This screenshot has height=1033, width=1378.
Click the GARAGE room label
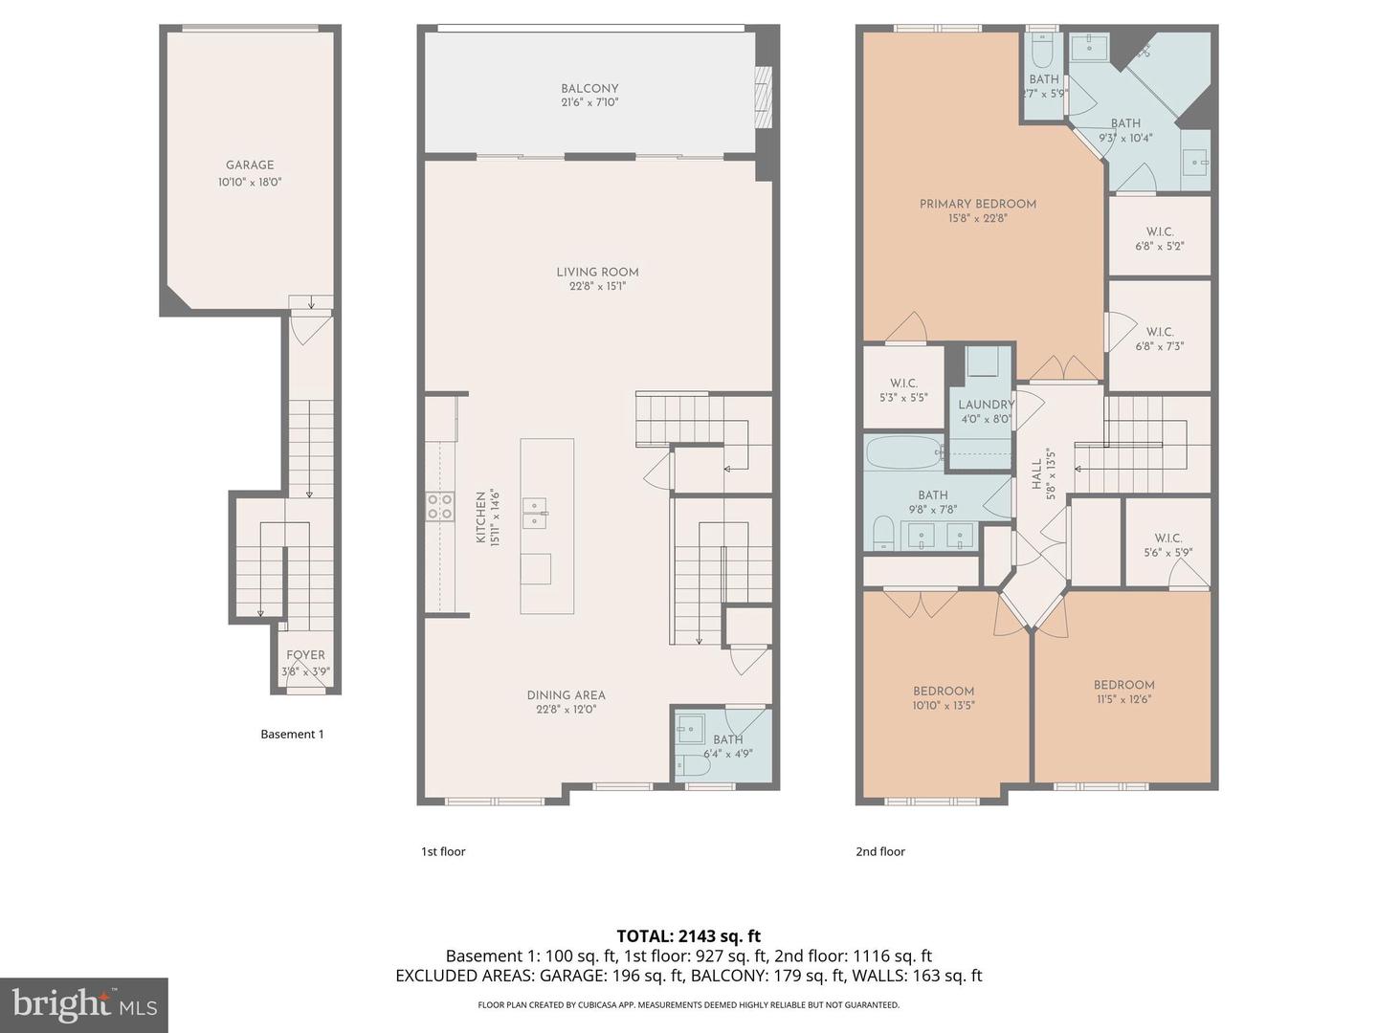click(250, 165)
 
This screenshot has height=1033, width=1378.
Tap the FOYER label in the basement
click(305, 655)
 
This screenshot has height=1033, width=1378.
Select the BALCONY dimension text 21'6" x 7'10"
click(589, 102)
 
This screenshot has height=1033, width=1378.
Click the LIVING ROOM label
click(597, 272)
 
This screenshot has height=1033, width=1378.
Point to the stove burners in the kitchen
click(440, 507)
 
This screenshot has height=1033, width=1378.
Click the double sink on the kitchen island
click(534, 513)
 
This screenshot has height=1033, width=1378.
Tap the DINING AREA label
click(566, 695)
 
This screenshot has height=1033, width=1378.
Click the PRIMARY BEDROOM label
click(977, 204)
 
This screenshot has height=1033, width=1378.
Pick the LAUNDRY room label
click(986, 405)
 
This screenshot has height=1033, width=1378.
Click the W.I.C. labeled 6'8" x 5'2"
click(1159, 238)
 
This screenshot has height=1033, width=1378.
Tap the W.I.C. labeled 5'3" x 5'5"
click(902, 389)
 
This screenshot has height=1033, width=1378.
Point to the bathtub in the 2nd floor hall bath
click(904, 453)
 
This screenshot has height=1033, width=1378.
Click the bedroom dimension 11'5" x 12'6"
click(1123, 699)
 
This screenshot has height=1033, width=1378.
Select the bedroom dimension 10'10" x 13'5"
click(944, 706)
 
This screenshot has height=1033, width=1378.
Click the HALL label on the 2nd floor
click(1037, 474)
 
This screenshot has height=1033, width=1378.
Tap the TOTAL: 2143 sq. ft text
click(688, 935)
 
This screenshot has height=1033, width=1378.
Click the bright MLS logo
click(84, 1004)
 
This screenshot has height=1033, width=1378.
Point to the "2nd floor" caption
click(879, 851)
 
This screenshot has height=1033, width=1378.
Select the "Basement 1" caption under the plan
click(292, 734)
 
